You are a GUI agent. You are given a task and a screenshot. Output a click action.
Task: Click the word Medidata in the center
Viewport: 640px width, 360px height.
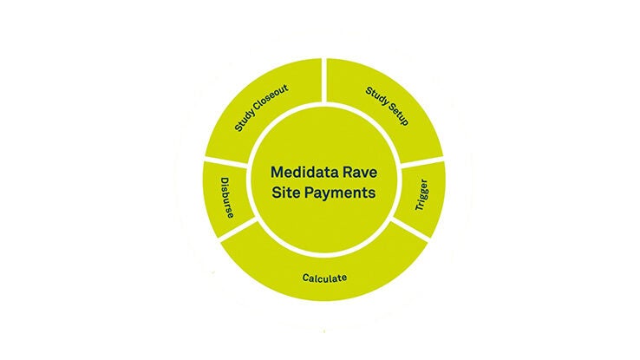click(x=303, y=172)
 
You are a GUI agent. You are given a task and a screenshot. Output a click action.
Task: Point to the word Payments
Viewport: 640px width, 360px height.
click(x=341, y=193)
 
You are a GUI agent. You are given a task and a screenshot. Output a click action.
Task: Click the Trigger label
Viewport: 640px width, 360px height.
click(x=421, y=194)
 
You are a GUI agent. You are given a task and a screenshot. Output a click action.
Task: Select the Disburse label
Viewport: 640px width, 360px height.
click(x=227, y=198)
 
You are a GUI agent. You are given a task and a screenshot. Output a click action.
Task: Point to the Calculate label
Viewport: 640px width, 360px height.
click(x=324, y=278)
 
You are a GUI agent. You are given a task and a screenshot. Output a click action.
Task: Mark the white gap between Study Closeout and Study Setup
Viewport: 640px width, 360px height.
click(x=324, y=80)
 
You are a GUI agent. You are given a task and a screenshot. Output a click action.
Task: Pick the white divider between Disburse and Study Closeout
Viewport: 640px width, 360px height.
click(x=225, y=162)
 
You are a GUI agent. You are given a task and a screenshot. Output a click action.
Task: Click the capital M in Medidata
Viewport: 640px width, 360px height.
click(x=277, y=172)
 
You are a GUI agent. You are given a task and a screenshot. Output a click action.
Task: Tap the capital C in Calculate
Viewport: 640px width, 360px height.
click(x=306, y=278)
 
